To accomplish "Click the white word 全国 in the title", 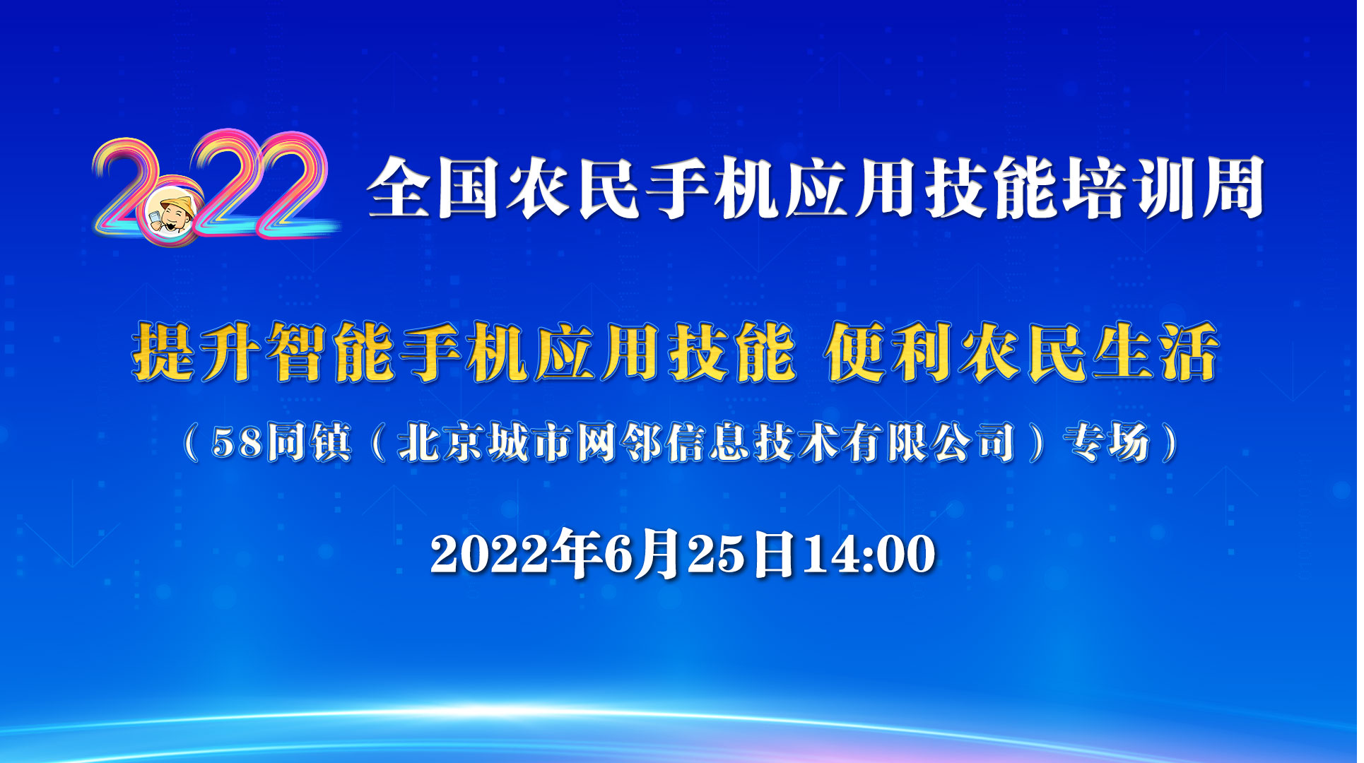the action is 433,189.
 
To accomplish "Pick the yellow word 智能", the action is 329,352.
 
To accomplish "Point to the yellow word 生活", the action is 1156,352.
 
